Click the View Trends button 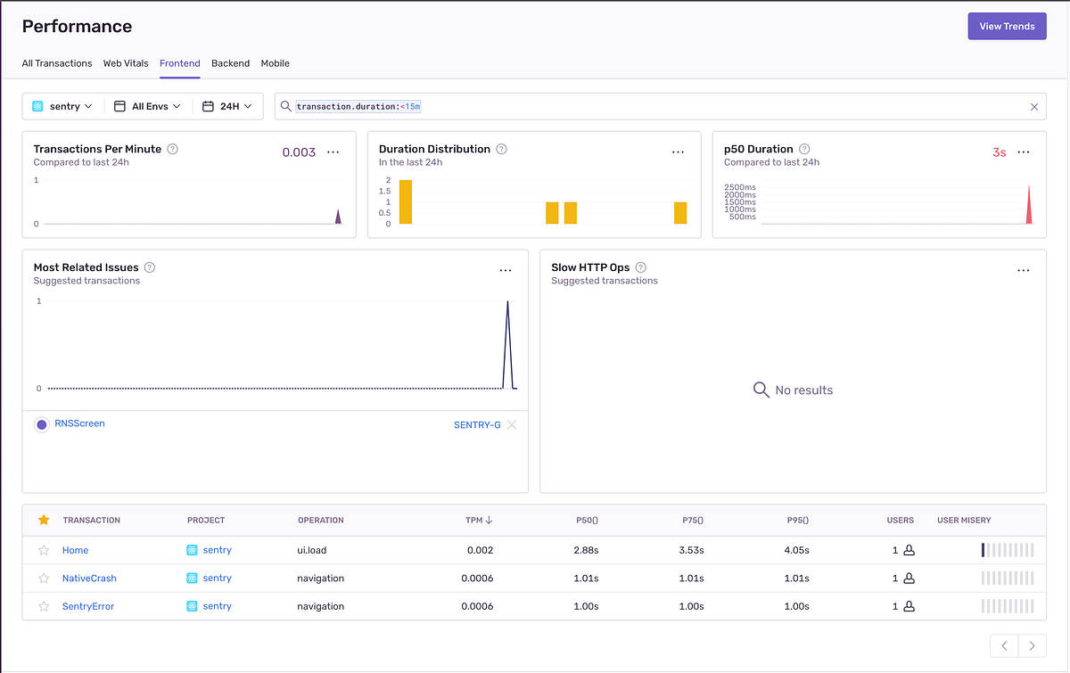[x=1007, y=26]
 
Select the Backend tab [x=230, y=63]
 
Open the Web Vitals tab [x=126, y=63]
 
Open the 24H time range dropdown [x=226, y=106]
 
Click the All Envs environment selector [x=147, y=106]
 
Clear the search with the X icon [x=1034, y=106]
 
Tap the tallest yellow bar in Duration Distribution [x=406, y=201]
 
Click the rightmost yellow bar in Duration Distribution [x=680, y=212]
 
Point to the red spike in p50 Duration [x=1029, y=205]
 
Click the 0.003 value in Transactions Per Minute [x=299, y=152]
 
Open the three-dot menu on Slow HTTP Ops [x=1024, y=270]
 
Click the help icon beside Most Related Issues [x=150, y=267]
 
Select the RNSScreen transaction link [x=79, y=423]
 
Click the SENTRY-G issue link [x=477, y=425]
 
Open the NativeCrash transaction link [x=89, y=578]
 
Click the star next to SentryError [x=44, y=606]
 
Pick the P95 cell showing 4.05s [x=796, y=550]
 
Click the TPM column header [x=479, y=521]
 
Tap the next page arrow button [x=1033, y=645]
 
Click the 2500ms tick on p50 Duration [x=740, y=187]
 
